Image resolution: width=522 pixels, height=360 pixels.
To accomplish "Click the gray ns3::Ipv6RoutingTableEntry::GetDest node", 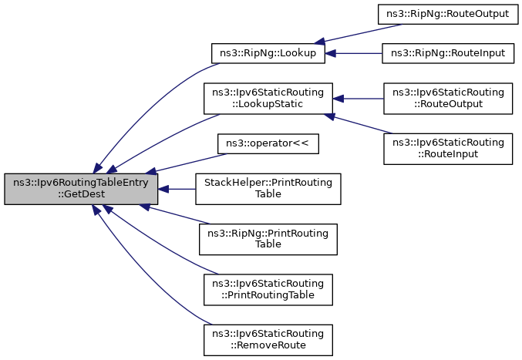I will [81, 189].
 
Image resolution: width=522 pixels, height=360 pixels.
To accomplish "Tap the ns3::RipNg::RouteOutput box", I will [444, 15].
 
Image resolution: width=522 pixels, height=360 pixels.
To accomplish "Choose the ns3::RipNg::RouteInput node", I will [447, 53].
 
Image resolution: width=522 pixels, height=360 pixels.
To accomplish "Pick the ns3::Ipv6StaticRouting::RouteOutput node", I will [448, 98].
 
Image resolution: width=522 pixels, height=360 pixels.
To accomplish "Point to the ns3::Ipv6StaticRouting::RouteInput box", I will [448, 147].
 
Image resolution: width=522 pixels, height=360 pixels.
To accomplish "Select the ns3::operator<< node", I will [268, 143].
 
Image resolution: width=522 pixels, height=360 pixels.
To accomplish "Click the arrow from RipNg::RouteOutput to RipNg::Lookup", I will [362, 32].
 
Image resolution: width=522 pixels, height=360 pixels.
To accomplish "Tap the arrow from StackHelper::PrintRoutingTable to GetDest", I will [177, 189].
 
